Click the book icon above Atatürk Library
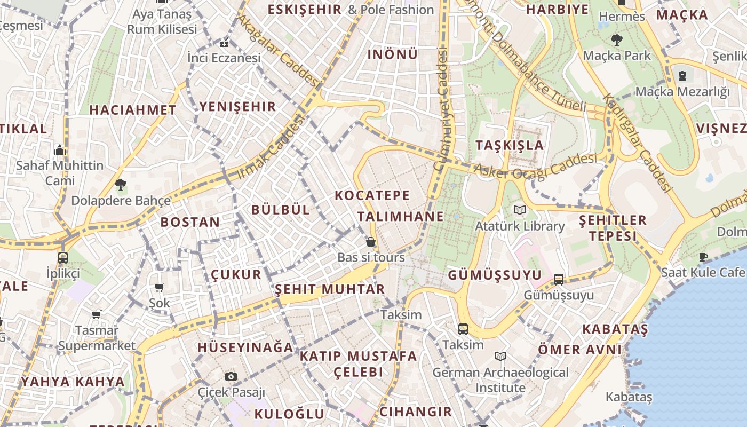pyautogui.click(x=519, y=210)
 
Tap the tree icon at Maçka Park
pyautogui.click(x=617, y=39)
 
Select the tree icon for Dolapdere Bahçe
pyautogui.click(x=121, y=185)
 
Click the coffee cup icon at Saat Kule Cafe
pyautogui.click(x=703, y=257)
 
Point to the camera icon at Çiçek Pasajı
pyautogui.click(x=231, y=376)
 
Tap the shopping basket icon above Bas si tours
pyautogui.click(x=371, y=242)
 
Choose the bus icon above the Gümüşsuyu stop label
pyautogui.click(x=558, y=279)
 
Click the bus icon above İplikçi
pyautogui.click(x=63, y=257)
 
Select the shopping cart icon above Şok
pyautogui.click(x=159, y=288)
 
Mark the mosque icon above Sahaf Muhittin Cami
pyautogui.click(x=60, y=150)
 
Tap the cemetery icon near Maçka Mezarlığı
pyautogui.click(x=682, y=75)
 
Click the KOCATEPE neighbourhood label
pyautogui.click(x=372, y=195)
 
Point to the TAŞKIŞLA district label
pyautogui.click(x=510, y=145)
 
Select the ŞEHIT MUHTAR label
pyautogui.click(x=329, y=289)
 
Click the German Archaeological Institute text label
pyautogui.click(x=500, y=379)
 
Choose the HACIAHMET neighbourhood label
pyautogui.click(x=133, y=110)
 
